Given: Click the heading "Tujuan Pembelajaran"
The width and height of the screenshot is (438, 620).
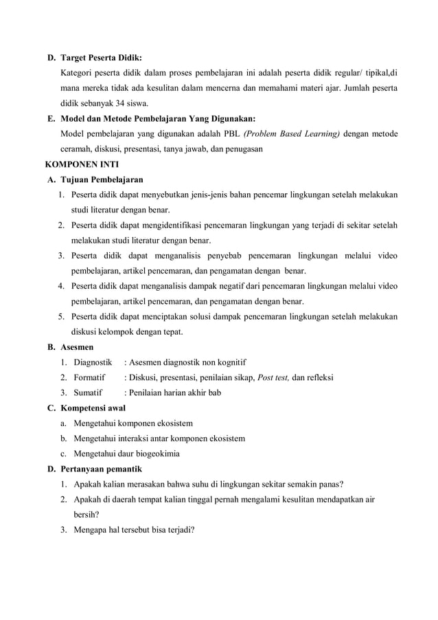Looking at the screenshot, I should coord(102,180).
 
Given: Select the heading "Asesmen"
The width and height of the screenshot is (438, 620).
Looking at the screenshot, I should coord(78,347).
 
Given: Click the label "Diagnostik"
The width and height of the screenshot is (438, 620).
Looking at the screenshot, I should coord(93,362).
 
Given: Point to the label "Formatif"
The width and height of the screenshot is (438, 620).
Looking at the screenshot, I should coord(89,377).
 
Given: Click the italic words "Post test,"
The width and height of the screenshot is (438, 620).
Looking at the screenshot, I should coord(273,377).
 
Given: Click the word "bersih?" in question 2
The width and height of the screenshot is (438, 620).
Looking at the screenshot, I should coord(85,513).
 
